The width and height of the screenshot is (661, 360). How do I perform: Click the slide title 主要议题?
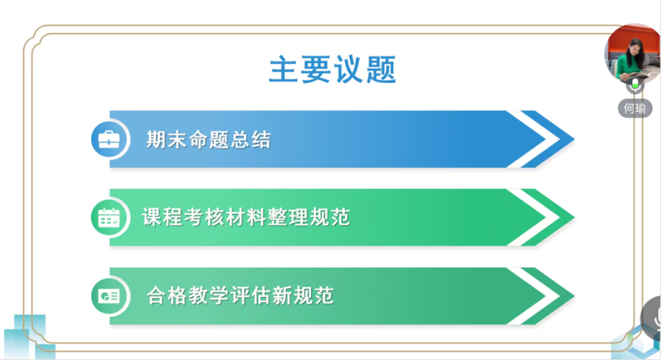[332, 70]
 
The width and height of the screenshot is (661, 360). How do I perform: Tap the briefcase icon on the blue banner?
[109, 139]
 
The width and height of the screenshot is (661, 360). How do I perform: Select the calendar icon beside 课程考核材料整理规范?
[109, 218]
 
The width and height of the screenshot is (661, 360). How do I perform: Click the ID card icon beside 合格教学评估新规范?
[109, 296]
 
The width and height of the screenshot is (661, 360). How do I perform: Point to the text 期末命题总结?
[208, 140]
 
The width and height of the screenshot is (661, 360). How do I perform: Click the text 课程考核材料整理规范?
[246, 217]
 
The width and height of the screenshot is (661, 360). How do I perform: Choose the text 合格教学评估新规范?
[241, 296]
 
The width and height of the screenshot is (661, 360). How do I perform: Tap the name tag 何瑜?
[635, 108]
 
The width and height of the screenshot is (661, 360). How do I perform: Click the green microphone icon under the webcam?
[635, 85]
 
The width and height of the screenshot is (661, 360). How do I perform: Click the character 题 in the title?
[381, 70]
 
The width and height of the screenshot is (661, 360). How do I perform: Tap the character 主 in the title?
[283, 70]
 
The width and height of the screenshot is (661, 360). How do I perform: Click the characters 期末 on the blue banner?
[167, 140]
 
